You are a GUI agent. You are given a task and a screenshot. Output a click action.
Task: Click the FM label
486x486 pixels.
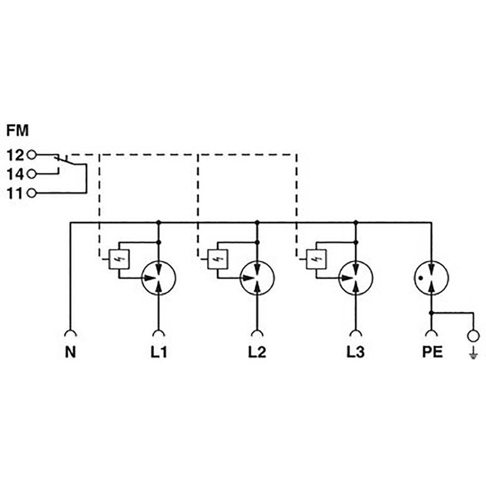tap(18, 129)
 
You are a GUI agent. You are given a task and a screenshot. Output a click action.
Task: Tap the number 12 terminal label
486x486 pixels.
tap(15, 155)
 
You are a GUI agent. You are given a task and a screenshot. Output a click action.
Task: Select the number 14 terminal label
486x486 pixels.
tap(15, 174)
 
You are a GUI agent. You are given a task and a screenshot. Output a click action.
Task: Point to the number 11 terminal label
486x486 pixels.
tap(15, 194)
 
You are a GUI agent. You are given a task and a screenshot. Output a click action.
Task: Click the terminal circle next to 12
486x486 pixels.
tap(32, 155)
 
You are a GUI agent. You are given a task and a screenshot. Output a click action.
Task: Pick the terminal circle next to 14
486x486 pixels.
tap(32, 174)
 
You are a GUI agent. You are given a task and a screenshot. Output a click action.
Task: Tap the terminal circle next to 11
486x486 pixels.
tap(32, 194)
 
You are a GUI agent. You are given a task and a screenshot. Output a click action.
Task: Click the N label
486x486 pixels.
tap(70, 352)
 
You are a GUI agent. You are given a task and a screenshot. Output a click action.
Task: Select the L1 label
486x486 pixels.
tap(159, 352)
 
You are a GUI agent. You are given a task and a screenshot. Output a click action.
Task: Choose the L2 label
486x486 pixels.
tap(257, 352)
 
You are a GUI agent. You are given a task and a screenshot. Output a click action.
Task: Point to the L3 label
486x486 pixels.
tap(355, 352)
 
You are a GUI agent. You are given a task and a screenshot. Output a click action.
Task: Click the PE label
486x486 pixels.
tap(432, 352)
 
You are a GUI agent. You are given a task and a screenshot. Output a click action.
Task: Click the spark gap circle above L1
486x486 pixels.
tap(159, 278)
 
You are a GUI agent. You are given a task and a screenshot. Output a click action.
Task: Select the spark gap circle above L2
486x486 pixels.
tap(257, 278)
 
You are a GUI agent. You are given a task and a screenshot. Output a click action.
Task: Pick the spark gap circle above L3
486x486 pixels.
tap(355, 278)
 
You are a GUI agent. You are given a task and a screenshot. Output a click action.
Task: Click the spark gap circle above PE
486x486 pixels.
tap(431, 278)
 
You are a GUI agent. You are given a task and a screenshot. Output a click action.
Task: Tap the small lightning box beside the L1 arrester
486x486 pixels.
tap(118, 260)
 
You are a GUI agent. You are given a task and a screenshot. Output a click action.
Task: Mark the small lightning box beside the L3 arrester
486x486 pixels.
tap(315, 260)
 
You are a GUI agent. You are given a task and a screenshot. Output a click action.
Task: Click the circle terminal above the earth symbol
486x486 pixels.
tap(473, 336)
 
